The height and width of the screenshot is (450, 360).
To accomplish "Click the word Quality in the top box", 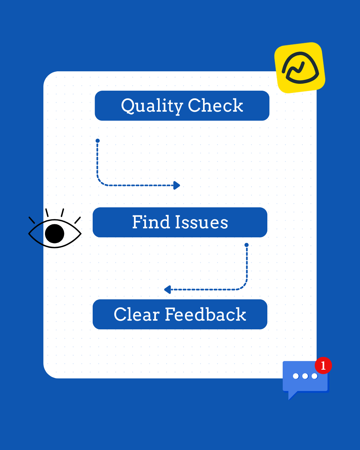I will pos(152,106).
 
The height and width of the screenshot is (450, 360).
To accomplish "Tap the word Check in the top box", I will pos(215,106).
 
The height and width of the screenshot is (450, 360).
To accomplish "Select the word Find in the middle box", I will pos(151,222).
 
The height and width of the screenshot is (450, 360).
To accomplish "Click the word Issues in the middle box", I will pos(202,222).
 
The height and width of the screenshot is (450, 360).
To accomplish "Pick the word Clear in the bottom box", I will pos(137,314).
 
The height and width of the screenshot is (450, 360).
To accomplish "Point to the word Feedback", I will pos(206,314).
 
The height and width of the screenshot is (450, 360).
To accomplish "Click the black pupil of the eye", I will pos(54,233).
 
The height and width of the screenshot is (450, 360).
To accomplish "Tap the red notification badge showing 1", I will pos(323,366).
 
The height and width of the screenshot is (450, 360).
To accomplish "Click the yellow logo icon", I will pos(300,68).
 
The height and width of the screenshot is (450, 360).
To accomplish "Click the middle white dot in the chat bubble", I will pos(305,376).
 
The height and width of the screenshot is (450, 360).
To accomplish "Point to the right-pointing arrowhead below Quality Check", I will pos(177,185).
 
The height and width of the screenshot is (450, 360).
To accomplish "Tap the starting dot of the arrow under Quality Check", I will pos(98,141).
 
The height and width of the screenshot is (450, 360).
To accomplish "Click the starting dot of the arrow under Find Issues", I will pos(247,245).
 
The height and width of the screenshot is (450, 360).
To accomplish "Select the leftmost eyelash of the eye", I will pos(32,220).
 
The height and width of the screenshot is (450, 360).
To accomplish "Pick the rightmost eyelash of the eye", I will pos(77,220).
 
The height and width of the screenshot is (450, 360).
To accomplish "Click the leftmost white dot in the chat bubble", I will pos(296,376).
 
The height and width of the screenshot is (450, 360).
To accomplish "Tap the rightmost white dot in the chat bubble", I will pos(314,376).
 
